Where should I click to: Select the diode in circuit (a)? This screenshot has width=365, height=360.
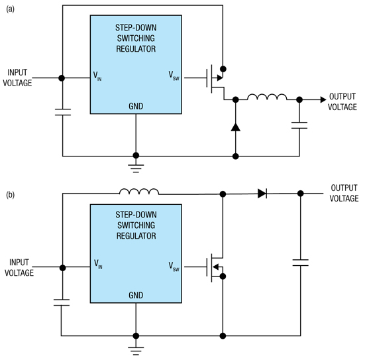[x=235, y=127]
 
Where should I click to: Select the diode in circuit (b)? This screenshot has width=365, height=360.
[x=262, y=194]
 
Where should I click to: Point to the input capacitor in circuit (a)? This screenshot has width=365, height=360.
[x=62, y=112]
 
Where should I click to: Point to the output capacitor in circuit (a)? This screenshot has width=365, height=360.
[x=299, y=125]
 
